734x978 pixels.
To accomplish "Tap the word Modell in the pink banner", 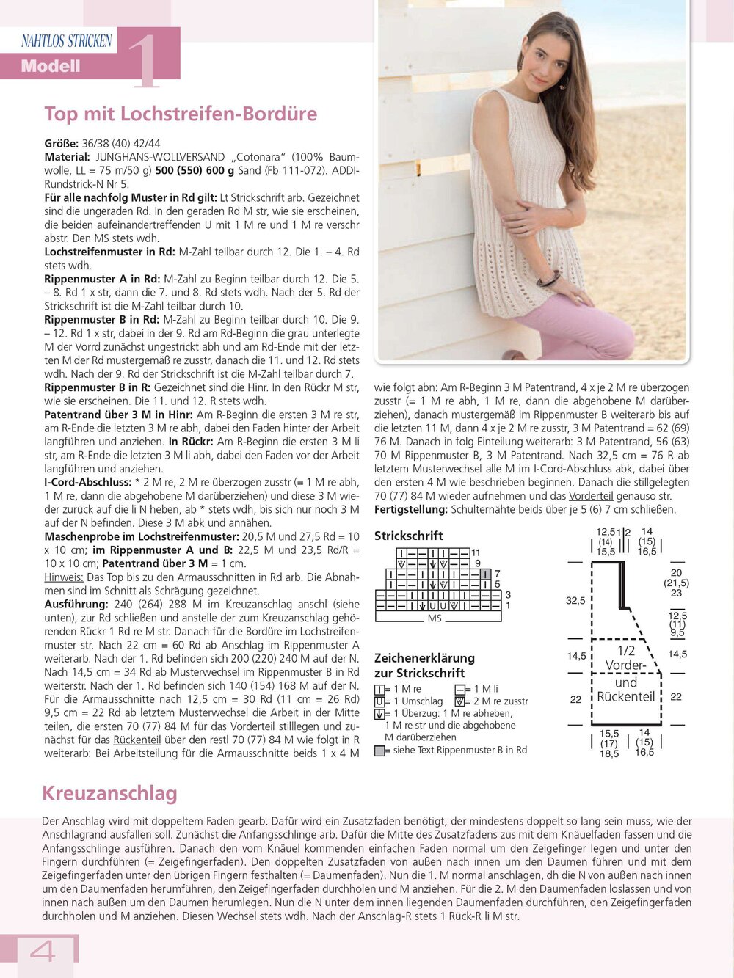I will click(x=50, y=66).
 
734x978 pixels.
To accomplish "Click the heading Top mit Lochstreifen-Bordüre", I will click(x=181, y=114).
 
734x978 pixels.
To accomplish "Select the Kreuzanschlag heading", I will click(x=109, y=793).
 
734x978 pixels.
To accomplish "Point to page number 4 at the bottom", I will click(x=43, y=952).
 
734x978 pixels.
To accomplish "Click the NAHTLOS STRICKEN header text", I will click(x=67, y=41).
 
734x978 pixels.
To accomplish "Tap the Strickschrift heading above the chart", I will click(x=409, y=536).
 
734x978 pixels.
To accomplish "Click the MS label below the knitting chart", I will click(x=435, y=618).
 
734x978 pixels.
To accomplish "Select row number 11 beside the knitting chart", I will click(x=476, y=552).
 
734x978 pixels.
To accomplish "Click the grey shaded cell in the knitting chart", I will click(x=486, y=574).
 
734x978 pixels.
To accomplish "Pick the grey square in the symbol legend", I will click(x=379, y=751).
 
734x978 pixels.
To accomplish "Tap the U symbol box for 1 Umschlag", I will click(x=379, y=701).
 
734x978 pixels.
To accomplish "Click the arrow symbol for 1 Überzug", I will click(x=379, y=714).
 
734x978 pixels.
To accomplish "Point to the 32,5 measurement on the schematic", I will click(x=575, y=600).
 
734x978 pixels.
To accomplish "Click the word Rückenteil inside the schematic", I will click(x=625, y=696).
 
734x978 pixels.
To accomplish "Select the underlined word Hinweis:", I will click(x=64, y=577).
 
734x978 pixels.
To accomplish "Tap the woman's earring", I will click(x=562, y=82).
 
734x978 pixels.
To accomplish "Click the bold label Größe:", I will click(x=61, y=143).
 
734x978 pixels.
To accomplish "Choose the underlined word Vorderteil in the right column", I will click(x=591, y=496).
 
